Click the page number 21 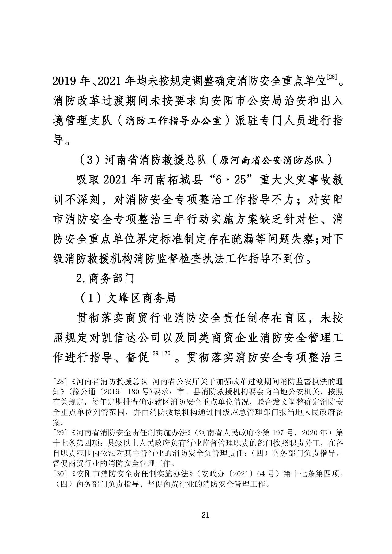click(205, 515)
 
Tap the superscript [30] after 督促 click(167, 353)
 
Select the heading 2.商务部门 click(105, 278)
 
